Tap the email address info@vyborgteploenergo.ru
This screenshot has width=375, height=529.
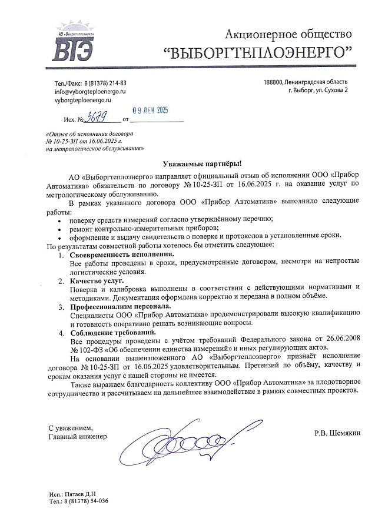coord(90,92)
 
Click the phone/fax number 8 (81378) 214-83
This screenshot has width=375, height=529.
coord(106,83)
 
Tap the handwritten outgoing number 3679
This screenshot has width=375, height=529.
coord(97,119)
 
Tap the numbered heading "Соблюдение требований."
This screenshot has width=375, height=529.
coord(112,332)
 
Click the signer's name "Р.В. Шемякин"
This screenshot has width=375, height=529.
coord(337,433)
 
